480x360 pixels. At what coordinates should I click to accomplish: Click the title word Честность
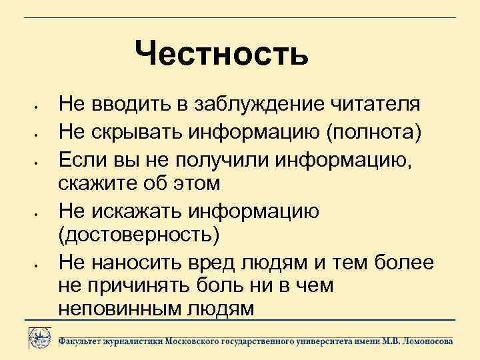[x=221, y=54]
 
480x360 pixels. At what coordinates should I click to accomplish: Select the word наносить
[x=133, y=261]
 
